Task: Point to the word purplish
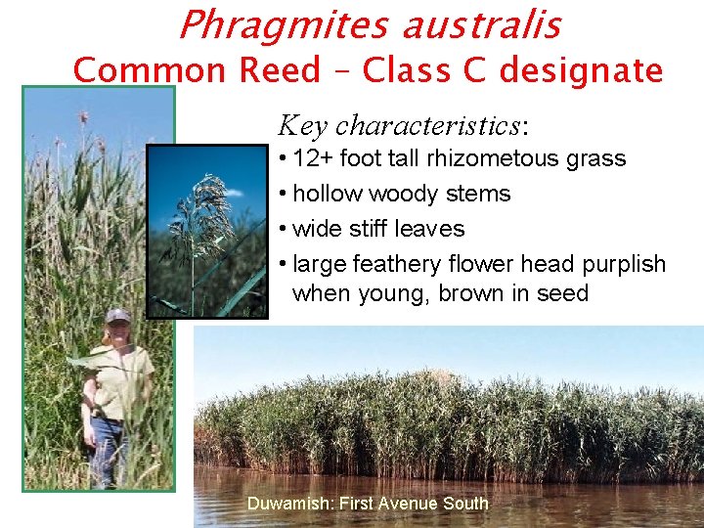tap(624, 264)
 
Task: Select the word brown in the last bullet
tap(478, 293)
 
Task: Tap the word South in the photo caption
tap(461, 504)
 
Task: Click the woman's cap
tap(117, 316)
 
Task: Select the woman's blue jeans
tap(110, 449)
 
